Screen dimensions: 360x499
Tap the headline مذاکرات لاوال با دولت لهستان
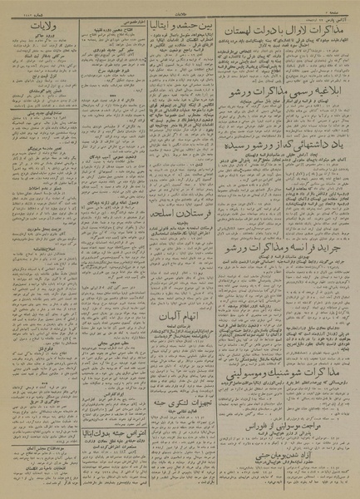[x=287, y=27]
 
